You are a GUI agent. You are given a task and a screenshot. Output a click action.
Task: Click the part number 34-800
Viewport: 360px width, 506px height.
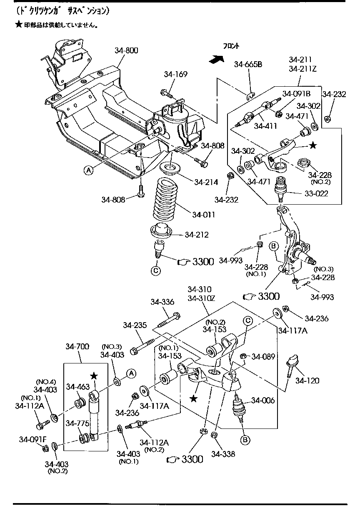[x=126, y=51]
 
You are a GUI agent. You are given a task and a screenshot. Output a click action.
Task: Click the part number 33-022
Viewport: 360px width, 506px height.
[x=316, y=193]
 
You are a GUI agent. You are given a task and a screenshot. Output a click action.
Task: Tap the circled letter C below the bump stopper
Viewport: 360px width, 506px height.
[x=156, y=271]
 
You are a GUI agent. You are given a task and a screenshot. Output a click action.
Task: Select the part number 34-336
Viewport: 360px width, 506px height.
[x=162, y=302]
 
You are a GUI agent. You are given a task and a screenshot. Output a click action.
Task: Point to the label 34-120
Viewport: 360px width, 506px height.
[x=307, y=380]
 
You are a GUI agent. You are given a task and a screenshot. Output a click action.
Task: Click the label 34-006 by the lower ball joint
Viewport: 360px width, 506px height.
[x=263, y=401]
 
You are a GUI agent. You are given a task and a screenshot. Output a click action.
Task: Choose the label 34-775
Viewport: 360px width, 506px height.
[x=77, y=423]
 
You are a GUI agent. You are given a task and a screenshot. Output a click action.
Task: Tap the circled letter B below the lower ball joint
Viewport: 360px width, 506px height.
[x=245, y=439]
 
